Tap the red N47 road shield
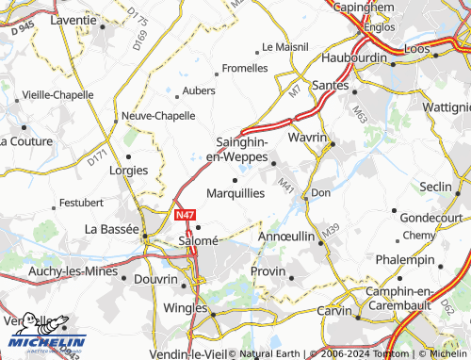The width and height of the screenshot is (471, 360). coord(186,216)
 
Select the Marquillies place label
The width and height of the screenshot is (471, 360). coord(235,191)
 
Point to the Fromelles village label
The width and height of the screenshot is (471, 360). coord(243,69)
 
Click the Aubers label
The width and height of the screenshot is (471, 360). coord(198,91)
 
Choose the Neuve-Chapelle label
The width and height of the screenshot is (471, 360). coord(157,116)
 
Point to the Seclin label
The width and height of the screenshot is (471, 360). coord(436,187)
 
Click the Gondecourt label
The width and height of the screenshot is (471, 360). coord(430,217)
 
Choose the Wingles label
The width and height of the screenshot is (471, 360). coord(187,306)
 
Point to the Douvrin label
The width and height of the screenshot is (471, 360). coord(155,280)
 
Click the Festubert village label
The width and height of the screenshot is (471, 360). coord(81,203)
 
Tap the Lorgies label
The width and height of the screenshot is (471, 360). coord(129,171)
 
